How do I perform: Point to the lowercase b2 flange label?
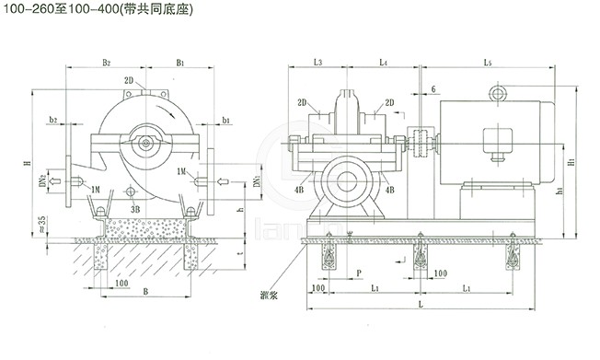[53, 120]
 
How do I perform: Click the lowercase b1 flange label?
[227, 120]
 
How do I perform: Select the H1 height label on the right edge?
[571, 162]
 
